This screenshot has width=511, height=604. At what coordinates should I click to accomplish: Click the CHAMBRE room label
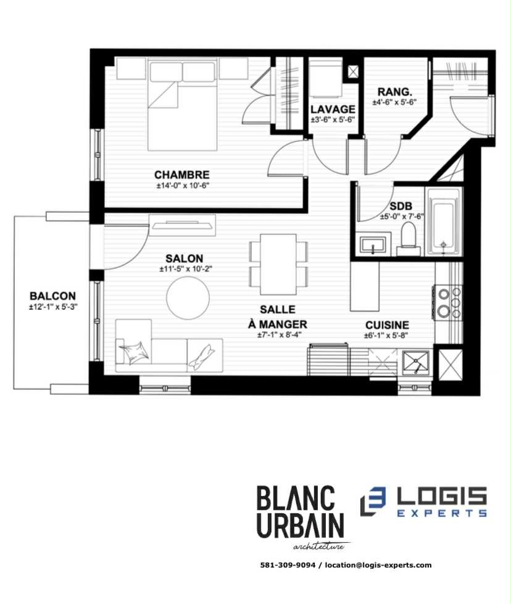coord(182,175)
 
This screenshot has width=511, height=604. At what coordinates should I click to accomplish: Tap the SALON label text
coord(185,258)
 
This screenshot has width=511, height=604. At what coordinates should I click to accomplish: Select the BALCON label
coord(52,296)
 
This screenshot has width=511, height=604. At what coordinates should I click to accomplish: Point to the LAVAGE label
coord(333,110)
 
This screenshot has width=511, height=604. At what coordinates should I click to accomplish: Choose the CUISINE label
coord(387,325)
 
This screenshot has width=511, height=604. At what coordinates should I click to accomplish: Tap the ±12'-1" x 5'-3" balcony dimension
coord(52,307)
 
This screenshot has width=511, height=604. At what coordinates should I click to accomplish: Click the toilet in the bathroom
coord(407,239)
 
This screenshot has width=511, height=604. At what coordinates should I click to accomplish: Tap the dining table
coord(278,263)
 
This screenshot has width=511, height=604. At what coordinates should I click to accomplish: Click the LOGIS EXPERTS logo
coord(425,502)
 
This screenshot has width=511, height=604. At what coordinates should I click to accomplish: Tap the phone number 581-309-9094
coord(288,565)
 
